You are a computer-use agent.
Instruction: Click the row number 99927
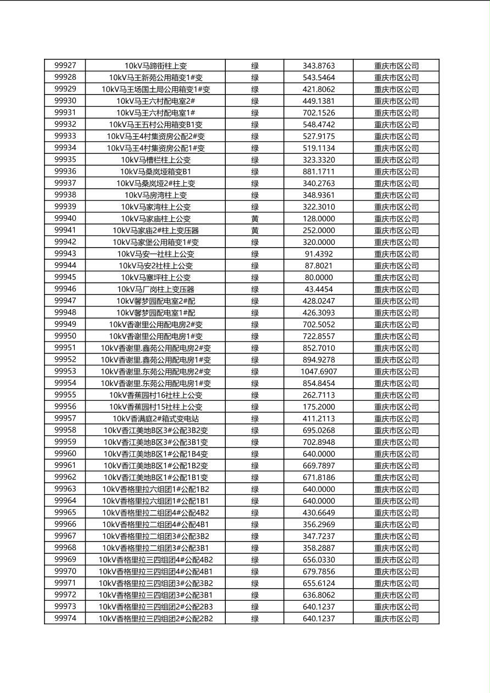[x=65, y=65]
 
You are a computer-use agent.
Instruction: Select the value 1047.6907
[x=319, y=371]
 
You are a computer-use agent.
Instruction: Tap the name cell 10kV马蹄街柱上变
[x=155, y=65]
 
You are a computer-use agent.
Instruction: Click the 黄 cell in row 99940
[x=255, y=219]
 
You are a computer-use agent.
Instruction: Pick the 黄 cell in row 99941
[x=255, y=230]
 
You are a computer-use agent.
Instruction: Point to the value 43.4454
[x=319, y=289]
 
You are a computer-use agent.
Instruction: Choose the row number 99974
[x=65, y=618]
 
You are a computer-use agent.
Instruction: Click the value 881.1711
[x=319, y=171]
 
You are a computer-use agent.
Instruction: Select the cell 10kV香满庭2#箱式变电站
[x=155, y=418]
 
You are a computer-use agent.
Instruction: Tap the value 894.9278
[x=319, y=360]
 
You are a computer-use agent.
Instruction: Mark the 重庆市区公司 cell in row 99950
[x=396, y=336]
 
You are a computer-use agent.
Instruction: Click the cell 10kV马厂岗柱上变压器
[x=155, y=289]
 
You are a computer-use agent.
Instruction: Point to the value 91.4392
[x=319, y=254]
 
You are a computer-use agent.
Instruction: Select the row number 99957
[x=65, y=418]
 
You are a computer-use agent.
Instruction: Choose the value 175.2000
[x=319, y=407]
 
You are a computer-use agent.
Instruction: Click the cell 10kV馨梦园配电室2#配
[x=155, y=301]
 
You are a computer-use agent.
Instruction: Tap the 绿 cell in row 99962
[x=255, y=477]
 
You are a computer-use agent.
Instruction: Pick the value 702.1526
[x=319, y=113]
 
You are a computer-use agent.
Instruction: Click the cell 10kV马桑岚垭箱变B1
[x=155, y=171]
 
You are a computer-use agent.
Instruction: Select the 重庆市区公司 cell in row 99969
[x=396, y=560]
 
